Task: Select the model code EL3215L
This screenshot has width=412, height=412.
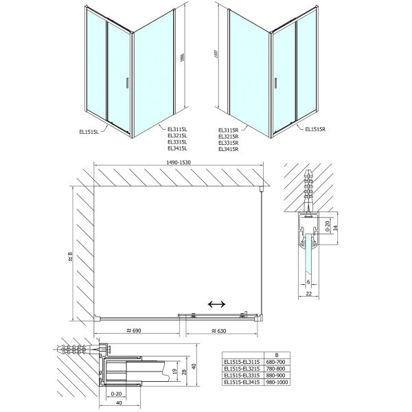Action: pyautogui.click(x=177, y=136)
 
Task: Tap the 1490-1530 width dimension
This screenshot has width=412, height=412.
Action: pyautogui.click(x=179, y=162)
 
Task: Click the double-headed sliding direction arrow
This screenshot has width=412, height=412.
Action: pyautogui.click(x=218, y=304)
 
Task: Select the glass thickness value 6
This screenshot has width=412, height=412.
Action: pyautogui.click(x=309, y=282)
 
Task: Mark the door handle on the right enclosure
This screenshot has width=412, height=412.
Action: pyautogui.click(x=276, y=84)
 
